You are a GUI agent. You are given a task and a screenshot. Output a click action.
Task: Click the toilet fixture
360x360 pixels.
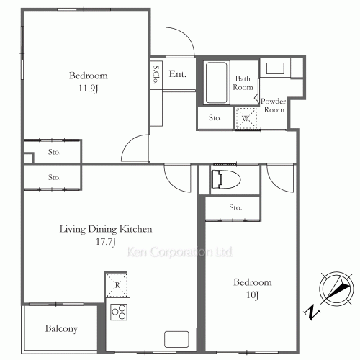tap(226, 179)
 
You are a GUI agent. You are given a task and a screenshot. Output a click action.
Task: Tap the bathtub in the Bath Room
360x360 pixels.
tap(216, 83)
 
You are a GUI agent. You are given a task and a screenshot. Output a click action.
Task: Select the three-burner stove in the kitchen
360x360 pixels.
tap(119, 312)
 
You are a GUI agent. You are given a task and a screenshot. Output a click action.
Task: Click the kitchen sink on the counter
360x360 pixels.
tap(176, 339)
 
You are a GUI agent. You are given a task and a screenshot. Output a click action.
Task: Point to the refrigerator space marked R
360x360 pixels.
tap(117, 285)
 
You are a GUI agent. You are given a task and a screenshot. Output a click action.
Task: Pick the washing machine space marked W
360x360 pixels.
tap(246, 118)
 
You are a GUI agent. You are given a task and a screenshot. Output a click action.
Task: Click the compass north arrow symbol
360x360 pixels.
tap(337, 289)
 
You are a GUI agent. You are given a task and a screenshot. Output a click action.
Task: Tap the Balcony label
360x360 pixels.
tap(61, 328)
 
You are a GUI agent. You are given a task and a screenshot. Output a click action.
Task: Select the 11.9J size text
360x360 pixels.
tap(89, 89)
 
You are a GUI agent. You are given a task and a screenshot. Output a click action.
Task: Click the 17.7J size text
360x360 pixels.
tap(106, 241)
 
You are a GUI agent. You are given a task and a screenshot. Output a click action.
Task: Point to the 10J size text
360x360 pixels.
tap(253, 294)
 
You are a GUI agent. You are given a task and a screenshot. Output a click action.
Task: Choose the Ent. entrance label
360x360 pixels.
tap(178, 74)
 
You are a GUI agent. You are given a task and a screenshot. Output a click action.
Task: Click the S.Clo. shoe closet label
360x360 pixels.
tap(156, 75)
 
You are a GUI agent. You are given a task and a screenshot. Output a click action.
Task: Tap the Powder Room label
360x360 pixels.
tap(274, 105)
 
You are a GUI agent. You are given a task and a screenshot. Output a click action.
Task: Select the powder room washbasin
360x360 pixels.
tap(275, 68)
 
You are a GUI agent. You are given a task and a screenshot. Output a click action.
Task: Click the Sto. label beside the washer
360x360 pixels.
tap(215, 117)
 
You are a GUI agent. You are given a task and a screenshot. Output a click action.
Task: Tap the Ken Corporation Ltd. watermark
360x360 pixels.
tap(180, 252)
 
